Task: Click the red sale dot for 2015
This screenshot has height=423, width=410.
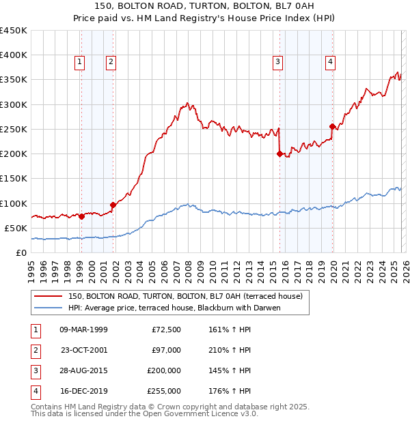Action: click(279, 154)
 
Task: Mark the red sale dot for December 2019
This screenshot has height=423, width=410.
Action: click(332, 126)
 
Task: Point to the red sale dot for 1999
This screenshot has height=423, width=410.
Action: click(81, 217)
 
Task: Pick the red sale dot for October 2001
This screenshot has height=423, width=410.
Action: click(113, 205)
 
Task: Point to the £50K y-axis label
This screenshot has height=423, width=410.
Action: click(16, 228)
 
